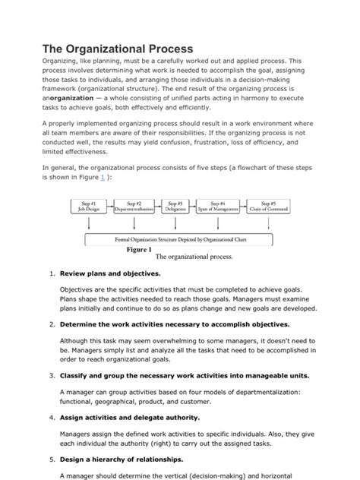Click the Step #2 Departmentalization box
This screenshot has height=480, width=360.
click(x=134, y=207)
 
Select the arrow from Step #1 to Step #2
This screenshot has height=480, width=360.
click(x=112, y=207)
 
